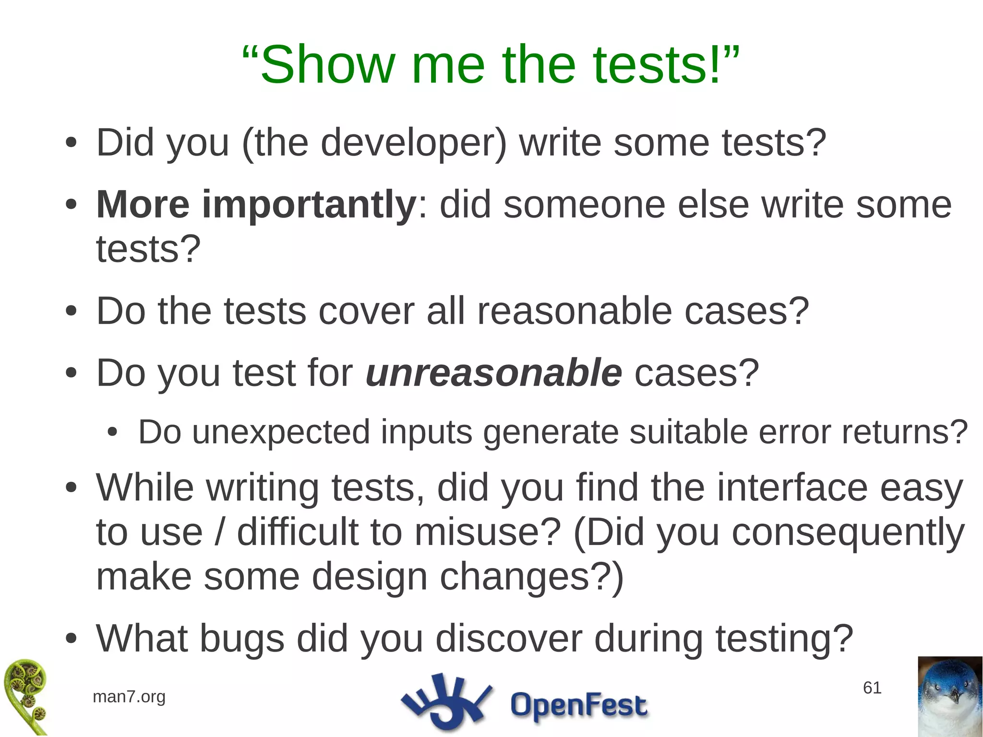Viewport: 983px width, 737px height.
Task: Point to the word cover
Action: point(366,311)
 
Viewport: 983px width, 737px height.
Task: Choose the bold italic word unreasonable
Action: point(493,373)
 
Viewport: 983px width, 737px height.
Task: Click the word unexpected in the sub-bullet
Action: point(281,432)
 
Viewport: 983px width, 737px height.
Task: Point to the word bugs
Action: point(242,639)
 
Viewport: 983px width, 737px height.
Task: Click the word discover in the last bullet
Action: point(508,639)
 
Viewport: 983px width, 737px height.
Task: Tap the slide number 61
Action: point(872,688)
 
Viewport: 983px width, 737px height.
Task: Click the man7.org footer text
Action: point(129,696)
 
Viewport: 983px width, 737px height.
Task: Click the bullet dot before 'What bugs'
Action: point(71,639)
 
